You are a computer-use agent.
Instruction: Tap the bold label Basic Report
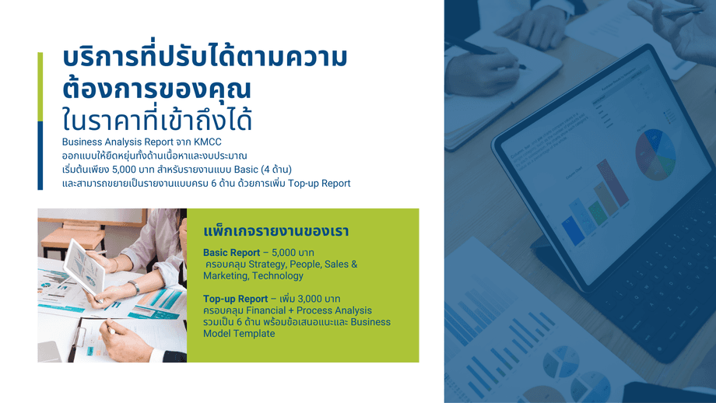pyautogui.click(x=231, y=252)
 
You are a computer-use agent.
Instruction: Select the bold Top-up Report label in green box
pyautogui.click(x=236, y=299)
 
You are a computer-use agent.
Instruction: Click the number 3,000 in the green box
pyautogui.click(x=310, y=299)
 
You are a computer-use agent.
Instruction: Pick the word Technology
pyautogui.click(x=278, y=275)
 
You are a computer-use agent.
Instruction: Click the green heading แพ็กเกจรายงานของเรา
pyautogui.click(x=276, y=231)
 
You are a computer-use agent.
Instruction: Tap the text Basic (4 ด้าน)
pyautogui.click(x=262, y=170)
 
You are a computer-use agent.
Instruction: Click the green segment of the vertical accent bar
pyautogui.click(x=40, y=86)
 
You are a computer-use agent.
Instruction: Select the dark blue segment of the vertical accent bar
pyautogui.click(x=40, y=156)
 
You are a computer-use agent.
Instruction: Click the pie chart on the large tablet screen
pyautogui.click(x=655, y=154)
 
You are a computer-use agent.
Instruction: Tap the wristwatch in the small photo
pyautogui.click(x=134, y=286)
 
